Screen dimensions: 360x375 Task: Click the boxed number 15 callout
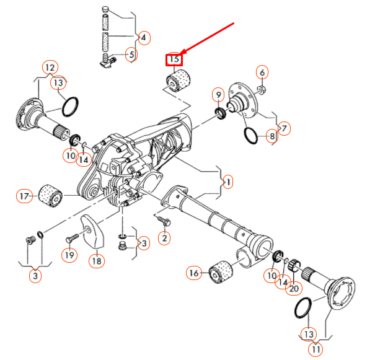(173, 59)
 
